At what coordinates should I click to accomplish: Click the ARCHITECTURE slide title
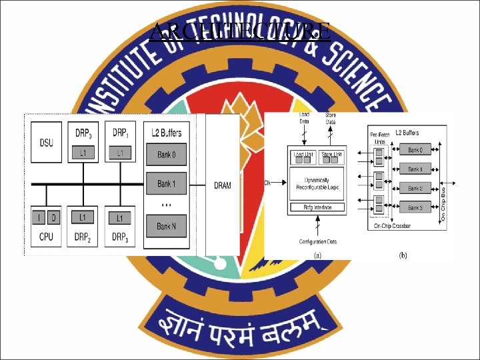(x=240, y=31)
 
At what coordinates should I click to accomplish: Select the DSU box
(x=46, y=142)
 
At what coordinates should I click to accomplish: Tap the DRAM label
(x=223, y=185)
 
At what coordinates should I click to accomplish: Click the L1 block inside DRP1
(x=120, y=154)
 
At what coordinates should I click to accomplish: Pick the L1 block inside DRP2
(x=82, y=217)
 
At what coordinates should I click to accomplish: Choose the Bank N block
(x=167, y=227)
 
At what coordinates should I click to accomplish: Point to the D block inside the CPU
(x=53, y=217)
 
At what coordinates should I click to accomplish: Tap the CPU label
(x=46, y=237)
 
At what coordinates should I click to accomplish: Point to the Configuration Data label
(x=318, y=241)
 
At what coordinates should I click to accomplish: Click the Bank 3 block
(x=415, y=208)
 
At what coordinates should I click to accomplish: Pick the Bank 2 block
(x=415, y=189)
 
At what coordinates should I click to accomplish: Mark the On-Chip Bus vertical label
(x=443, y=204)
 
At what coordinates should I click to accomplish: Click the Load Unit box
(x=304, y=155)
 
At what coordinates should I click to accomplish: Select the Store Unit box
(x=331, y=155)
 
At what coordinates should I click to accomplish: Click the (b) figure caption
(x=403, y=255)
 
